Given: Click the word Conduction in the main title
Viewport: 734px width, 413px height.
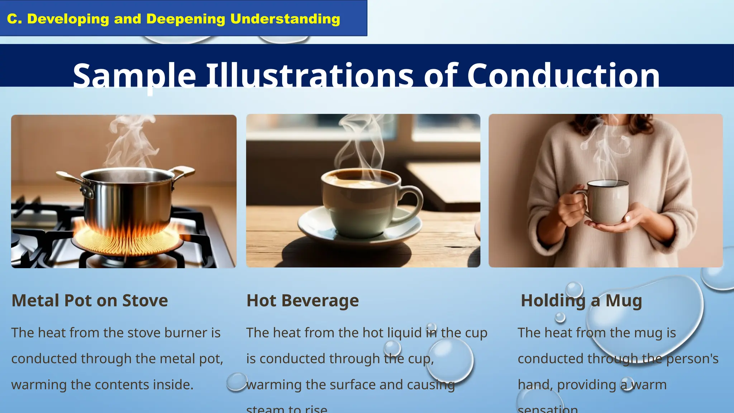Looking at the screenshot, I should pyautogui.click(x=563, y=76).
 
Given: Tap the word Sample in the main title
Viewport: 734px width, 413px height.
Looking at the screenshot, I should pyautogui.click(x=134, y=76).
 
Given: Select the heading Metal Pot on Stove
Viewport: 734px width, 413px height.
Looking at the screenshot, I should pyautogui.click(x=90, y=300).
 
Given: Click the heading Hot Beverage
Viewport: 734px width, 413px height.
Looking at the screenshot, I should pyautogui.click(x=302, y=300).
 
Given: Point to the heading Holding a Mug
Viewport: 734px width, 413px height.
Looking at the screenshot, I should pyautogui.click(x=581, y=300).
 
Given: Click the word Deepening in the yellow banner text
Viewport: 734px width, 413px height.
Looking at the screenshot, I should pyautogui.click(x=186, y=19).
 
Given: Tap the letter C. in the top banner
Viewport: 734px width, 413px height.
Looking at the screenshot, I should pyautogui.click(x=15, y=19).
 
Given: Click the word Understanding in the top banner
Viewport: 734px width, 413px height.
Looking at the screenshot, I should pyautogui.click(x=285, y=19).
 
